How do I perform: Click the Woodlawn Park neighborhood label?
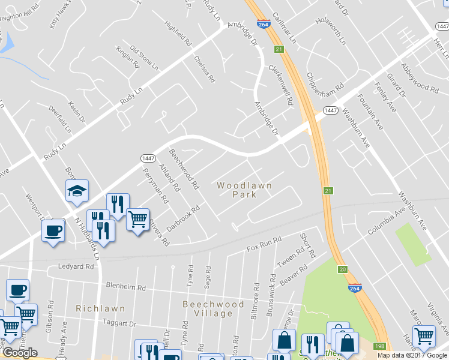click(244, 190)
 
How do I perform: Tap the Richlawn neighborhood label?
click(100, 308)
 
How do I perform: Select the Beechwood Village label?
click(214, 309)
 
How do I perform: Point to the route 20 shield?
click(342, 269)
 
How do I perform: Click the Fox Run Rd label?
click(264, 244)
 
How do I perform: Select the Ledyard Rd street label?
click(76, 266)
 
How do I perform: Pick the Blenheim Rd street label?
click(125, 287)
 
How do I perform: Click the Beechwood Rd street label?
click(184, 169)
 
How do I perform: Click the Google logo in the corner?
click(20, 353)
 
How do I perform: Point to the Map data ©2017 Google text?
click(412, 355)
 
